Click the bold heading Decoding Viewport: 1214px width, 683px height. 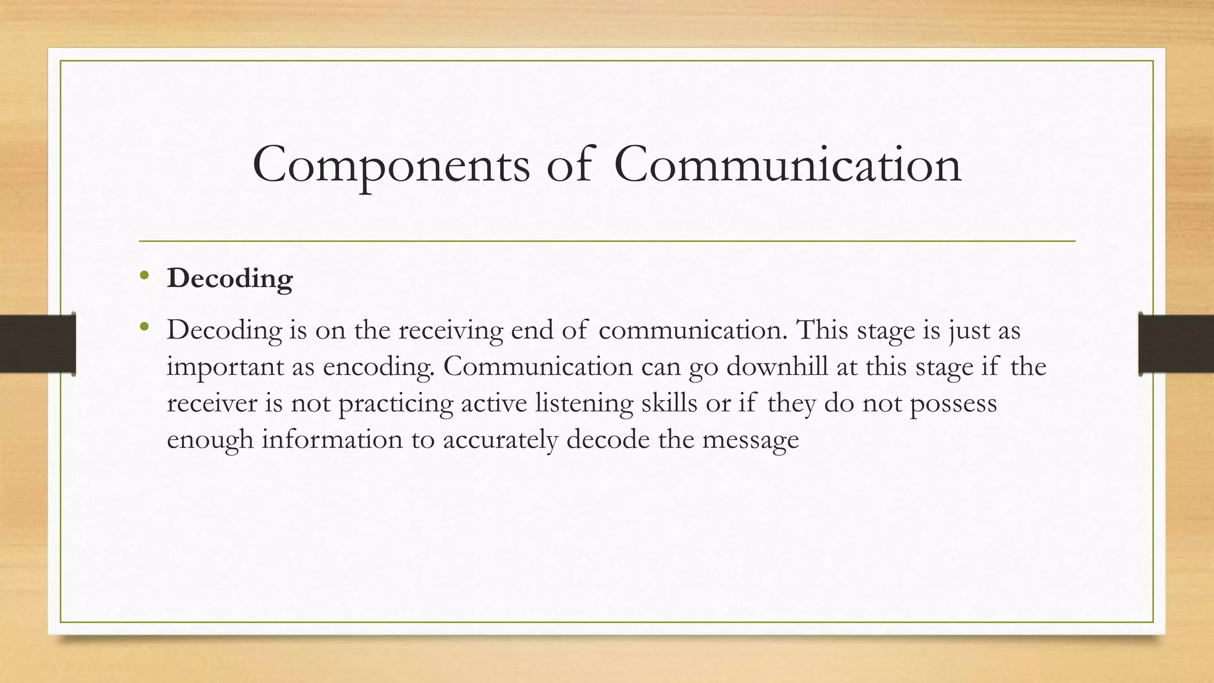point(230,279)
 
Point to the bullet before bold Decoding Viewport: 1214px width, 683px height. point(144,276)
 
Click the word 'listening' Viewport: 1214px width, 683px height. point(583,404)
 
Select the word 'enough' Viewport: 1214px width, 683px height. point(210,441)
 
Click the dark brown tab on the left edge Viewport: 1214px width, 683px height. point(37,344)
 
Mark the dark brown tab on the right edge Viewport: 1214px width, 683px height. point(1176,344)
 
